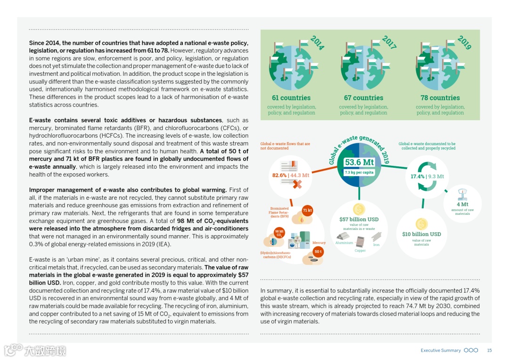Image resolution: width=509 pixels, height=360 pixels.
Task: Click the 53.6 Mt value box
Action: [x=359, y=163]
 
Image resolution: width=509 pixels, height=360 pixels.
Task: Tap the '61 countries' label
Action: [x=291, y=98]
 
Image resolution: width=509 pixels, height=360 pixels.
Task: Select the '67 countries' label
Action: [x=363, y=98]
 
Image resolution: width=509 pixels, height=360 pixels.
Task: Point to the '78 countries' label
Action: [x=440, y=98]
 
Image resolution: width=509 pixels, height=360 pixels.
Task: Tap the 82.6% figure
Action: [x=279, y=175]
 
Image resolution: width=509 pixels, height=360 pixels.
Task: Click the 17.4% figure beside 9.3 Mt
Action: [x=417, y=177]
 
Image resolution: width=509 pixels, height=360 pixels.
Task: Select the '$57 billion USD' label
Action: [x=359, y=220]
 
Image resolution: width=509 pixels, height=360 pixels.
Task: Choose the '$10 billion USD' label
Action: [x=421, y=234]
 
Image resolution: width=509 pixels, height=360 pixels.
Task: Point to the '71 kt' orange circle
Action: [x=307, y=210]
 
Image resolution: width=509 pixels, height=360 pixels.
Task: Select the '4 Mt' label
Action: [x=462, y=205]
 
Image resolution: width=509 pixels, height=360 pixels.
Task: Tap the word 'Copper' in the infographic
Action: [x=360, y=251]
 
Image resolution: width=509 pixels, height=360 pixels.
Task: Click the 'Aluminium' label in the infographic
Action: [x=344, y=243]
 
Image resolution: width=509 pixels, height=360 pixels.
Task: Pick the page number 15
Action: [x=489, y=351]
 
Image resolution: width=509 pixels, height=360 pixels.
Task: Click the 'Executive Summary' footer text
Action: [x=440, y=351]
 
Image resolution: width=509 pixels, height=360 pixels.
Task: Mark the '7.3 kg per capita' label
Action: [x=359, y=172]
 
